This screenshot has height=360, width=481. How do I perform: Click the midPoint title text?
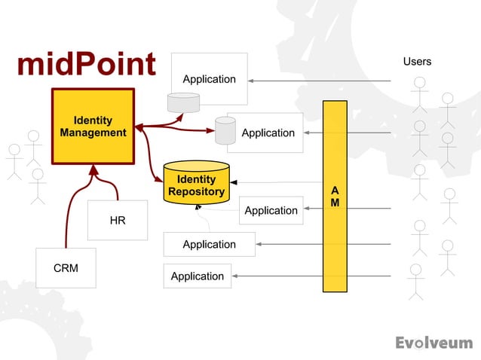[x=86, y=65]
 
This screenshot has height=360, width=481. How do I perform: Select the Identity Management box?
[x=93, y=126]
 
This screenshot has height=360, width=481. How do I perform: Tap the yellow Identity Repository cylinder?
[x=196, y=183]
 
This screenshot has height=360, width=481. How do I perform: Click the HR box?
[x=118, y=220]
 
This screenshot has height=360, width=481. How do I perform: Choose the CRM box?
[x=66, y=267]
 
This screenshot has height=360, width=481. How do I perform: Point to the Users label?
[x=417, y=61]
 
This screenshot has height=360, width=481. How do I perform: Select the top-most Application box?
[x=209, y=78]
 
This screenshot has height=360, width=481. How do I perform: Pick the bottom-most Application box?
[x=197, y=276]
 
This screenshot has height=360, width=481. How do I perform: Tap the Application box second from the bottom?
[x=209, y=244]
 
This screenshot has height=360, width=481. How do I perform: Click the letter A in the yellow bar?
[x=335, y=191]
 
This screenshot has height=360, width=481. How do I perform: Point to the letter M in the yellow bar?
[x=335, y=203]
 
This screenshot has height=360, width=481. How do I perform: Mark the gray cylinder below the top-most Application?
[x=184, y=102]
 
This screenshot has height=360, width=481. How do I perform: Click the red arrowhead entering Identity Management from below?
[x=93, y=170]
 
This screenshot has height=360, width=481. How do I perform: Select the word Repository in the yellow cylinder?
[x=196, y=191]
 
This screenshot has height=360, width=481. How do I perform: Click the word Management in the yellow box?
[x=93, y=133]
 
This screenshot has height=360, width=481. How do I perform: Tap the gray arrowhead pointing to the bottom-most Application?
[x=236, y=276]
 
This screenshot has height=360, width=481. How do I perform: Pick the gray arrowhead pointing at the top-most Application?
[x=252, y=80]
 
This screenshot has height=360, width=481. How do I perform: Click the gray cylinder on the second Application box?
[x=225, y=130]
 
